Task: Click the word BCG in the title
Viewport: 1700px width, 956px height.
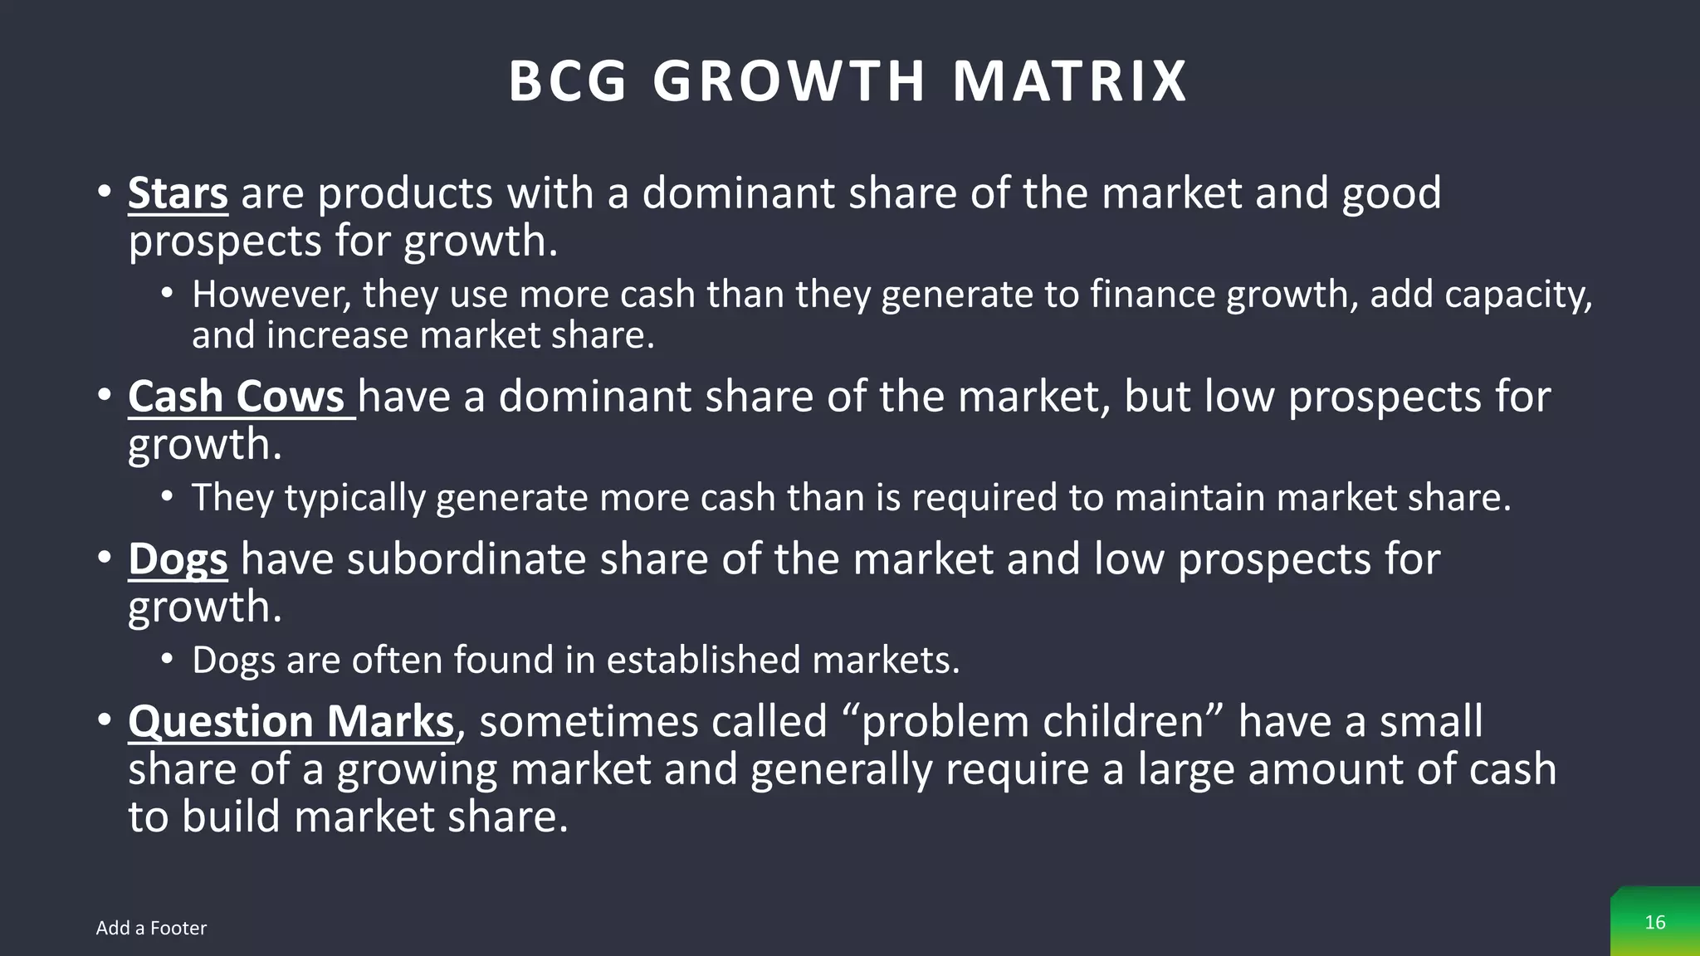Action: click(568, 81)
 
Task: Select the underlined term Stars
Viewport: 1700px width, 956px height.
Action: click(178, 193)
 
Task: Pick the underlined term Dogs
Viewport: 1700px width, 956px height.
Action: click(178, 559)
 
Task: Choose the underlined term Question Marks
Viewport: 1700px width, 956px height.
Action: click(291, 721)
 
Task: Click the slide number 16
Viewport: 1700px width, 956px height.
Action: click(1654, 923)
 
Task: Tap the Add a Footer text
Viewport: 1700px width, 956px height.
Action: click(151, 928)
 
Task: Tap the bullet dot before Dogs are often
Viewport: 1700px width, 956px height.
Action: click(168, 659)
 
